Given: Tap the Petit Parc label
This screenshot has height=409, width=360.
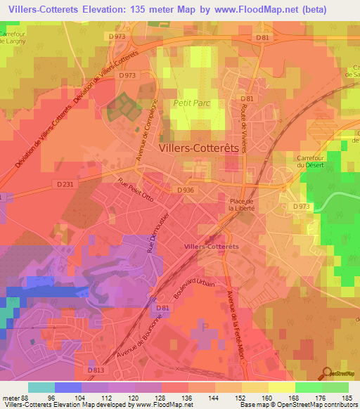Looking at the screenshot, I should pos(192,103).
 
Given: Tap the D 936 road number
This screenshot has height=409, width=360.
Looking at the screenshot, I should pos(186,190).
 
